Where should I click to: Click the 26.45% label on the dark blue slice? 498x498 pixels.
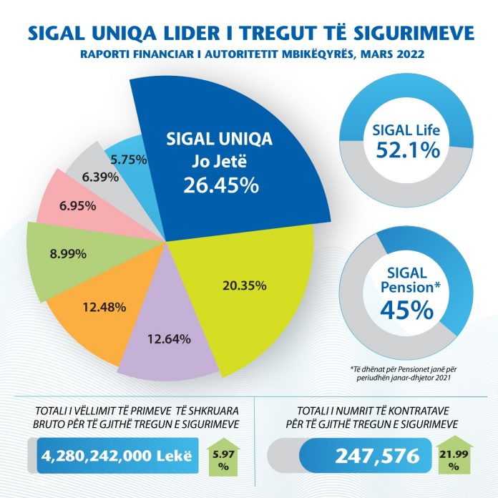click(x=220, y=185)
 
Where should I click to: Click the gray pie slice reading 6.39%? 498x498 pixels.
click(x=97, y=175)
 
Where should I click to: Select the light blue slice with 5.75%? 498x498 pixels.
click(x=127, y=160)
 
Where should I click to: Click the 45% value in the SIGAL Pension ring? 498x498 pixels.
click(x=404, y=308)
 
